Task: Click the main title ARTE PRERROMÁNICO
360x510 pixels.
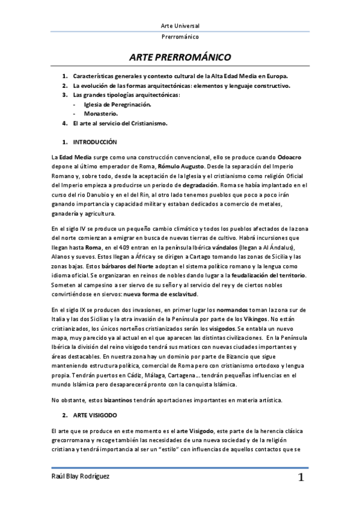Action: click(x=180, y=58)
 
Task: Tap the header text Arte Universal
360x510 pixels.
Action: click(x=180, y=26)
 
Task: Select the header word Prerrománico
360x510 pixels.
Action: click(x=180, y=37)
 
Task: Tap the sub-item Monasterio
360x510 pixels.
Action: click(x=102, y=114)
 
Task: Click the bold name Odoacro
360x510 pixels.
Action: click(x=290, y=157)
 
